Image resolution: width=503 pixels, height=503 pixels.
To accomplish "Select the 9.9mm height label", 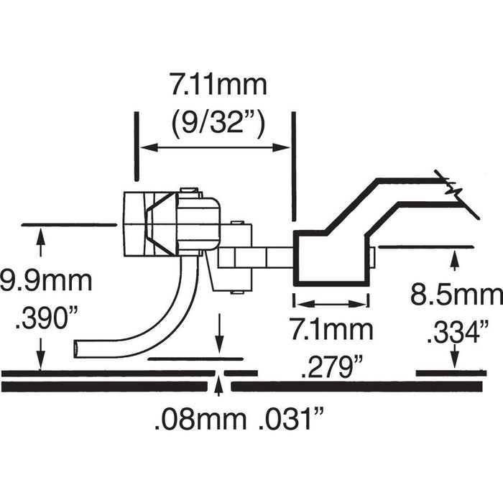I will pyautogui.click(x=46, y=280).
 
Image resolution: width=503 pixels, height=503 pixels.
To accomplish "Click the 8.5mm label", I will pyautogui.click(x=456, y=295).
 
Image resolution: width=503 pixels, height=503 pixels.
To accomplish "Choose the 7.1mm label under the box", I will pyautogui.click(x=332, y=331).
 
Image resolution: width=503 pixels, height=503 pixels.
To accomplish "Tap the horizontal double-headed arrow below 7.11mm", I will pyautogui.click(x=213, y=148).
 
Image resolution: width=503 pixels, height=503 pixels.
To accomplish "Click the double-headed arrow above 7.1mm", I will pyautogui.click(x=332, y=303).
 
